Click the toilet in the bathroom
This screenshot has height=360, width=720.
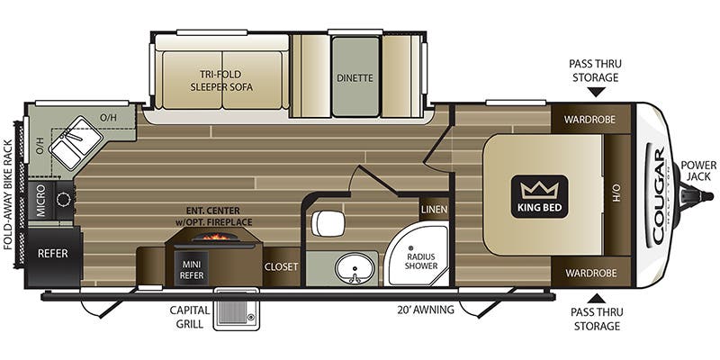328,223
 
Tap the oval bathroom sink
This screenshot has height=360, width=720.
354,268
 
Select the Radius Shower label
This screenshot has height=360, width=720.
421,261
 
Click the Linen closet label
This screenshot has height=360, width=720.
434,210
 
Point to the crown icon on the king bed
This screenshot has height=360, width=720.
539,190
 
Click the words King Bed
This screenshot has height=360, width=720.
539,207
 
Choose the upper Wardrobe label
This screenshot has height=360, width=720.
589,120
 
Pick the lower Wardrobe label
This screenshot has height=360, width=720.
590,274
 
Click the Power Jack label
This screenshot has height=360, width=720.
698,170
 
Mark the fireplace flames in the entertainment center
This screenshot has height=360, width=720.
215,237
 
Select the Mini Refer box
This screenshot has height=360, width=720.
192,269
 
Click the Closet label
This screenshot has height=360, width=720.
281,266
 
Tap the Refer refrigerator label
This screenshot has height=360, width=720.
53,253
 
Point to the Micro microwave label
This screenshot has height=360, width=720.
40,201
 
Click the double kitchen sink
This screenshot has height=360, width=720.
76,142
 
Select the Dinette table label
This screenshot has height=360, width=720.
355,77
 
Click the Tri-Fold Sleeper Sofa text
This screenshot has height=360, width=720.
221,80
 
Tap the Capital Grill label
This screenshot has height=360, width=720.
189,317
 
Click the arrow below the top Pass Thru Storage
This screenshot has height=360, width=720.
596,93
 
